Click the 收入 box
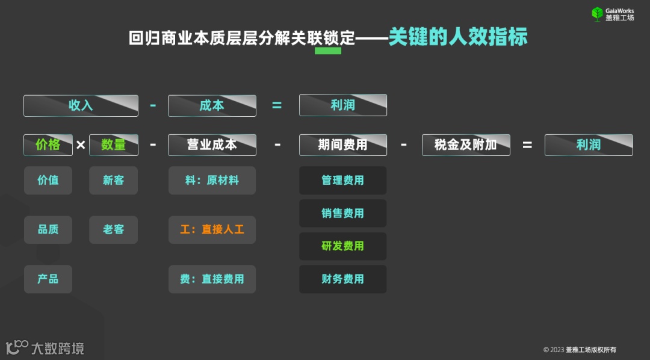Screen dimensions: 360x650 (x=81, y=105)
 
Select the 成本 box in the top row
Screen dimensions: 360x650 (x=212, y=105)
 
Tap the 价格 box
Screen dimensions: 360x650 (x=48, y=144)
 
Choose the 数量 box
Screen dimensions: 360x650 (x=114, y=144)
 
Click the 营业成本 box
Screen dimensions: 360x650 (x=212, y=144)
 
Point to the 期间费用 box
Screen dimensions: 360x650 (x=342, y=144)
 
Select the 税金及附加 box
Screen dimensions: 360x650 (x=466, y=144)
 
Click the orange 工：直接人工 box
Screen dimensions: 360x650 (x=212, y=229)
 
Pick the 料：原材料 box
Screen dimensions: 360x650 (x=212, y=180)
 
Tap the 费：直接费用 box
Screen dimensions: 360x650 (x=212, y=279)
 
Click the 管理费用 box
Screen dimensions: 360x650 (x=342, y=180)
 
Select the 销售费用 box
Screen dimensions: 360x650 (x=342, y=213)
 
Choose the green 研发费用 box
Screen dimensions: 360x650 (x=342, y=246)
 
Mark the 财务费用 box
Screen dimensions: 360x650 (x=342, y=279)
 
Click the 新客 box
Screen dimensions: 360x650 (x=114, y=180)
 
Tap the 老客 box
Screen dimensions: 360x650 (x=114, y=229)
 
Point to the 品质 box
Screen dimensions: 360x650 (x=48, y=229)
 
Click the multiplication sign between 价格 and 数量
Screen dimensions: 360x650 (x=81, y=145)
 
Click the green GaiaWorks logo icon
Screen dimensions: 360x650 (x=597, y=14)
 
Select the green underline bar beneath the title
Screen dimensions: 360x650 (x=328, y=51)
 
